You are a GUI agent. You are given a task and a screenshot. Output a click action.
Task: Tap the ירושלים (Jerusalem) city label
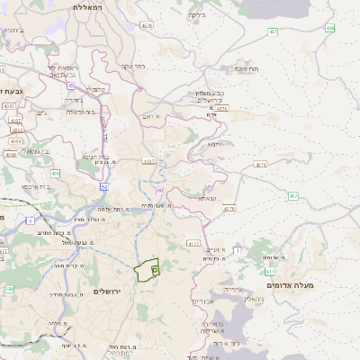point(112,292)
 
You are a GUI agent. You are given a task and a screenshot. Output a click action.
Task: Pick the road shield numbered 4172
point(193,243)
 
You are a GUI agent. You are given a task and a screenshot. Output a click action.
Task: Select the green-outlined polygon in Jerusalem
point(147,270)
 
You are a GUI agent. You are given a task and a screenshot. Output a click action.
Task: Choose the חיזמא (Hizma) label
point(214,144)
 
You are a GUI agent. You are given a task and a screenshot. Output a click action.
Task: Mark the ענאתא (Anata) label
point(207,198)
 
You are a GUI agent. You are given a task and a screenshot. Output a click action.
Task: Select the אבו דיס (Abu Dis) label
point(203,301)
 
